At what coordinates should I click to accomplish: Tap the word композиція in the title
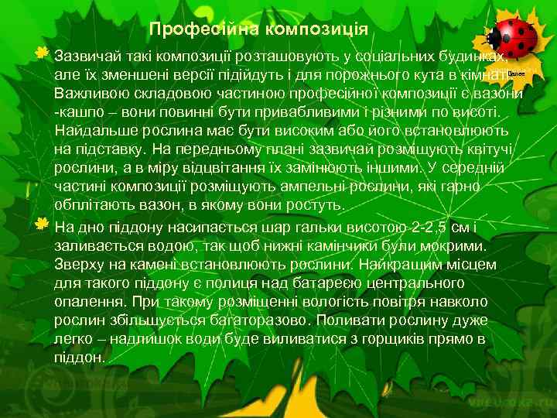click(x=317, y=29)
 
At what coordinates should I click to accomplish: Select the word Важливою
click(x=88, y=94)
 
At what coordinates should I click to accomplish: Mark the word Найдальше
click(x=91, y=131)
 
